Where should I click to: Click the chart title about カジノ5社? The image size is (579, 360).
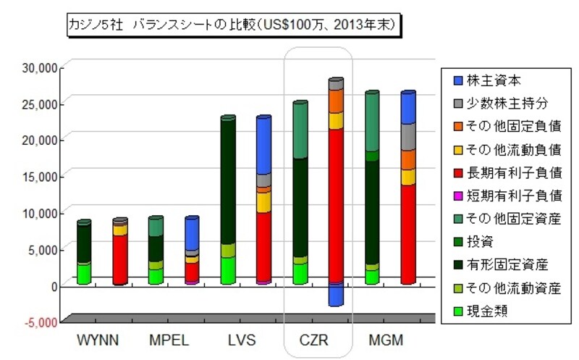pos(231,25)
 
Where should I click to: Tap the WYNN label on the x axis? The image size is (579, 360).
pos(98,340)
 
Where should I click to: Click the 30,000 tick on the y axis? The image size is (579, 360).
pos(41,67)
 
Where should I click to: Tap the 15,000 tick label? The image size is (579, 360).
pos(41,176)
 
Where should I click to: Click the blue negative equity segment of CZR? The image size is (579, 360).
pos(336,294)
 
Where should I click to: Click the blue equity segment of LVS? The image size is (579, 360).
pos(263,145)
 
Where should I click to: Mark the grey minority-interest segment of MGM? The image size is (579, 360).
pos(408,137)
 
